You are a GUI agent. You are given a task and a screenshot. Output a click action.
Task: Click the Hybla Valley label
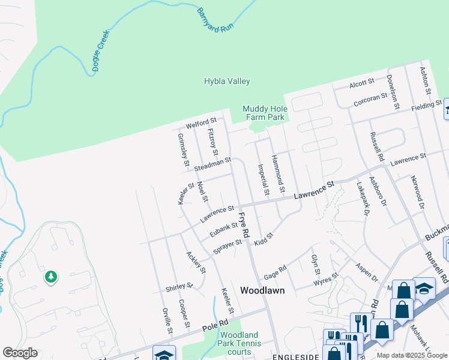point(227,82)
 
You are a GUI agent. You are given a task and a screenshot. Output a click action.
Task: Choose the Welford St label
point(200,124)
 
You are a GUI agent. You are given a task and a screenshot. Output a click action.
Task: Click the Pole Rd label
point(216,324)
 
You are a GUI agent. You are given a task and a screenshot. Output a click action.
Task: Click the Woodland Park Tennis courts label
point(240,343)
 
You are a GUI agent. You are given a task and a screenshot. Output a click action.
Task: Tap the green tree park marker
point(51,277)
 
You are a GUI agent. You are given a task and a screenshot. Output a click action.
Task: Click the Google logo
point(20,353)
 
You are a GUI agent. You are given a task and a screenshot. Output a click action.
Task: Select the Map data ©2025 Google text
point(412,355)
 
